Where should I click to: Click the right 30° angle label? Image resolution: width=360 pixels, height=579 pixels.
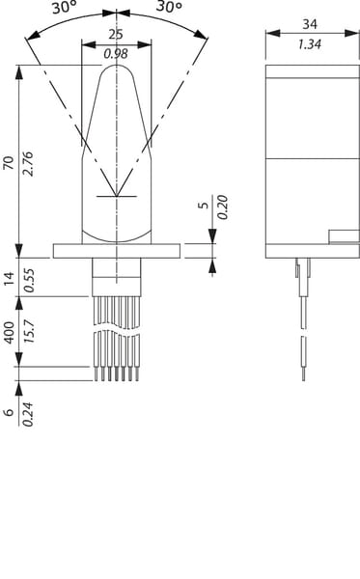169,7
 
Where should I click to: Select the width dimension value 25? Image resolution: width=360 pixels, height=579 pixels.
116,35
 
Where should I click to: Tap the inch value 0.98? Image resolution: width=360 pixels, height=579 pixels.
116,54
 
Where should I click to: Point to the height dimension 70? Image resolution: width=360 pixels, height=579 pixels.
9,163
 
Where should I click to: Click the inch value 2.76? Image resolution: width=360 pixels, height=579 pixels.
28,164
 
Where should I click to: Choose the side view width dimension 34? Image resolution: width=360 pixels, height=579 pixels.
310,24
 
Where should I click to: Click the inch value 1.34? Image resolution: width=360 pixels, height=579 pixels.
310,44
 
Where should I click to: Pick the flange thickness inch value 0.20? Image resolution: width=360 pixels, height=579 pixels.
223,207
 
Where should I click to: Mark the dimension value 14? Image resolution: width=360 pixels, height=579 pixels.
9,278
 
